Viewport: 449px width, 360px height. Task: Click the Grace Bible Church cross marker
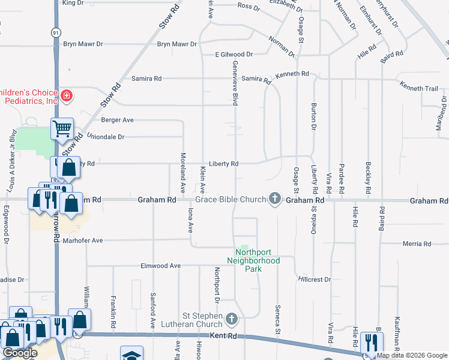pos(275,199)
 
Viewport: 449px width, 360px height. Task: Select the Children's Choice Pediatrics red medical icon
pos(67,95)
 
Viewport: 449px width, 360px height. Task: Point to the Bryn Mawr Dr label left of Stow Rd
pos(83,44)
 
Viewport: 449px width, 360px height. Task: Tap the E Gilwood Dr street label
pos(234,54)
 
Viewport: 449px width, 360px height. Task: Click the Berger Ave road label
pos(118,120)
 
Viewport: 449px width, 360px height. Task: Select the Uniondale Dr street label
pos(106,137)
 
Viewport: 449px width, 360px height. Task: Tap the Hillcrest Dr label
pos(315,280)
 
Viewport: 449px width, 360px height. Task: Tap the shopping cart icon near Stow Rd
pos(62,128)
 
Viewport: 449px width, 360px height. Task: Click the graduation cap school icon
pos(131,355)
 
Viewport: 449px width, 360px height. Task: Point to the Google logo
pos(20,353)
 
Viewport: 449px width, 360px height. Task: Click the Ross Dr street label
pos(248,7)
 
